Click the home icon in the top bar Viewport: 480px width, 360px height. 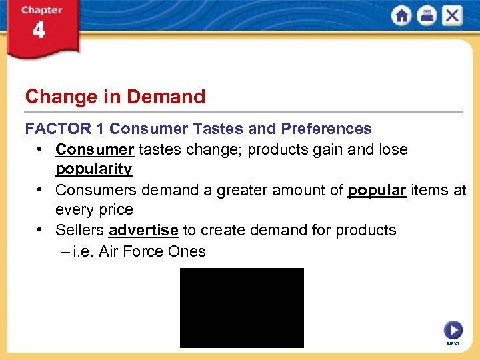(x=402, y=16)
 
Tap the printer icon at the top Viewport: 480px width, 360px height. (x=427, y=16)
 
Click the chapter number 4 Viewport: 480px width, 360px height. (x=39, y=31)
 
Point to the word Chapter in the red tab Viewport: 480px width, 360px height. (x=41, y=10)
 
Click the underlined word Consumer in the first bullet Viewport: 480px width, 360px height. (x=95, y=149)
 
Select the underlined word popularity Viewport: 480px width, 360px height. (x=93, y=169)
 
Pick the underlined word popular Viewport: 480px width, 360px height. (x=377, y=190)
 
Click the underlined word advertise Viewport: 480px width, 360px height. (x=143, y=231)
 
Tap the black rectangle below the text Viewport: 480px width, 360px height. (x=241, y=307)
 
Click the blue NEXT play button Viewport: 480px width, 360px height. (x=453, y=330)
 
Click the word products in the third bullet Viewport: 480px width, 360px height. (x=365, y=231)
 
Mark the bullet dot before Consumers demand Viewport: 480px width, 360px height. (x=42, y=190)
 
